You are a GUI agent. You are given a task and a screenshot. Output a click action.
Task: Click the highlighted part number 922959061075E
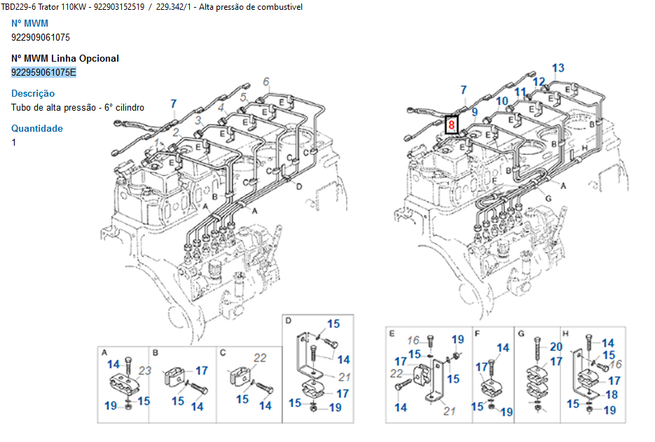[x=43, y=72]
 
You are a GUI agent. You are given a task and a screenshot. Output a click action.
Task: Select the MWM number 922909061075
[x=41, y=37]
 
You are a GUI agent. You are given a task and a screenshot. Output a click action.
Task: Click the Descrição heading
[x=33, y=93]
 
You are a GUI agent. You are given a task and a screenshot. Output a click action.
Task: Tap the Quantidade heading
[x=37, y=128]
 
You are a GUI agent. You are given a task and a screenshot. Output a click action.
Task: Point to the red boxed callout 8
[x=452, y=125]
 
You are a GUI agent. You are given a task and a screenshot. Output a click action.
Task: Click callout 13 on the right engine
[x=558, y=69]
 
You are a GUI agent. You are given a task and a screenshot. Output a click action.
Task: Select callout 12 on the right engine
[x=538, y=82]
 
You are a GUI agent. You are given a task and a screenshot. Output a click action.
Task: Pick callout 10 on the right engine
[x=502, y=102]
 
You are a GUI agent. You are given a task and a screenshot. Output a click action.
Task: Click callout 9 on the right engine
[x=474, y=112]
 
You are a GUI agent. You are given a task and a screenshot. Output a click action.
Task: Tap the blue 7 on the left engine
[x=174, y=104]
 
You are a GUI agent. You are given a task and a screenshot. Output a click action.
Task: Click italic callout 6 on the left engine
[x=266, y=82]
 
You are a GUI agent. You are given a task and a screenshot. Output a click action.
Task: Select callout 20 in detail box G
[x=556, y=346]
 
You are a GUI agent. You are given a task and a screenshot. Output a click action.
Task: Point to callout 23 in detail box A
[x=145, y=371]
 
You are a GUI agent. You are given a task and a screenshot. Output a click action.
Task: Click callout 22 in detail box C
[x=260, y=358]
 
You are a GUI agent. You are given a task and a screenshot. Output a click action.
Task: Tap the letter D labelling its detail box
[x=288, y=321]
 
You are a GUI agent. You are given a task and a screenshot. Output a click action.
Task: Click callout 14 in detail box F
[x=503, y=348]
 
